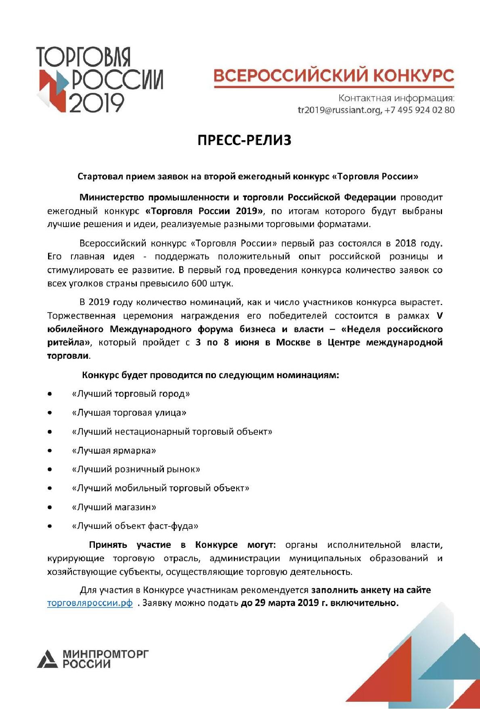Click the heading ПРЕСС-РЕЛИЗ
click(x=244, y=141)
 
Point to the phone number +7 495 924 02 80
click(x=419, y=110)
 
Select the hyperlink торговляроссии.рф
click(x=90, y=603)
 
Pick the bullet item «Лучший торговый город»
click(x=131, y=393)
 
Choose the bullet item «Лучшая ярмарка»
click(x=114, y=450)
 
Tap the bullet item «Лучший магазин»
click(x=114, y=507)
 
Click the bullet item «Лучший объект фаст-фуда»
click(x=135, y=526)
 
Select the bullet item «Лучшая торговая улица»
click(x=129, y=412)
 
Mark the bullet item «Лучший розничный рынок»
click(x=136, y=469)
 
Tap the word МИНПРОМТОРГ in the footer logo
click(x=106, y=654)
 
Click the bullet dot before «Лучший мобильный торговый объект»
click(x=50, y=488)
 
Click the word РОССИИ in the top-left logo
click(x=117, y=80)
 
